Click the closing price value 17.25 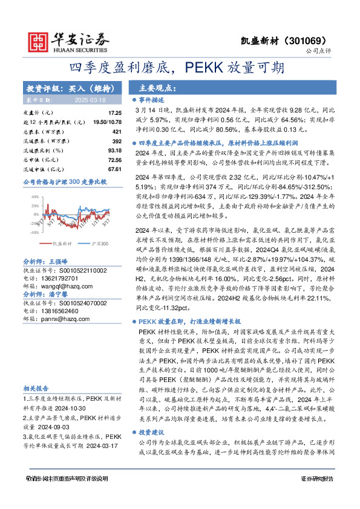coord(114,113)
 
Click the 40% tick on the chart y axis coord(36,196)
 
